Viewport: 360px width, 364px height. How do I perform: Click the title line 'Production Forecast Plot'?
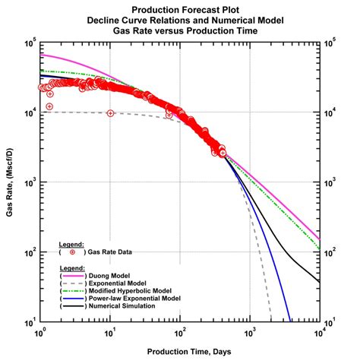click(x=181, y=8)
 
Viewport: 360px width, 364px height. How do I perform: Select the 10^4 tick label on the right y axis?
click(x=331, y=113)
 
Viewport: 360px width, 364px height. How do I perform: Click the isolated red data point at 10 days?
click(x=111, y=113)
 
